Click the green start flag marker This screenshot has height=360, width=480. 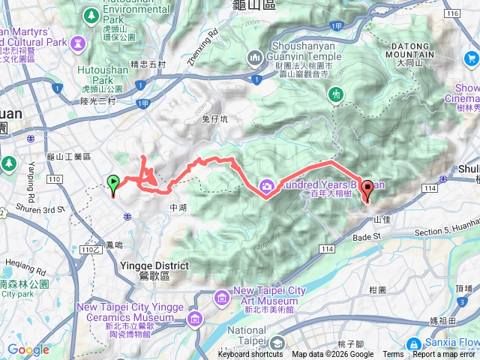(113, 183)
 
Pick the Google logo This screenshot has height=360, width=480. (28, 349)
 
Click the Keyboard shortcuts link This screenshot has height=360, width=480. (251, 355)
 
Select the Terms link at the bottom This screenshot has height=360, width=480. (392, 355)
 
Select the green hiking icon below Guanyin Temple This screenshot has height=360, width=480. (335, 93)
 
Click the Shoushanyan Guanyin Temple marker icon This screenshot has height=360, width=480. (255, 58)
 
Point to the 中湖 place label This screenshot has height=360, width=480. (178, 208)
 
